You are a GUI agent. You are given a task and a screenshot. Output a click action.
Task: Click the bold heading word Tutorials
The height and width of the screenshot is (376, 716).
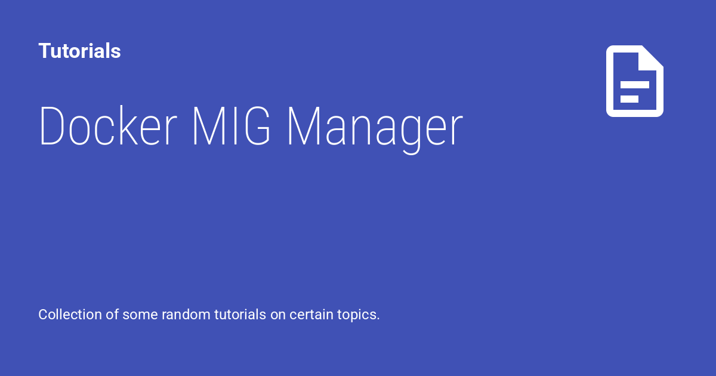pos(79,51)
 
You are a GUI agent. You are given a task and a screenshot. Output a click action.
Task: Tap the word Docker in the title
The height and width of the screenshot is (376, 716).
pos(108,127)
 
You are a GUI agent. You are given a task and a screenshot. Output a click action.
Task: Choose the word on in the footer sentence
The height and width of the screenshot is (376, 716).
pos(278,315)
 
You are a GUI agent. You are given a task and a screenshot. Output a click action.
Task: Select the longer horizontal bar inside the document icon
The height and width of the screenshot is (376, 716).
pos(634,85)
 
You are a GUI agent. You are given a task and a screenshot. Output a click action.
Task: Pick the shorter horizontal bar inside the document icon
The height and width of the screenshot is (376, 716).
pos(629,99)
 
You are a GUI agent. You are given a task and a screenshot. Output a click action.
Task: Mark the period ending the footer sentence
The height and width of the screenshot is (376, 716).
pos(378,319)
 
